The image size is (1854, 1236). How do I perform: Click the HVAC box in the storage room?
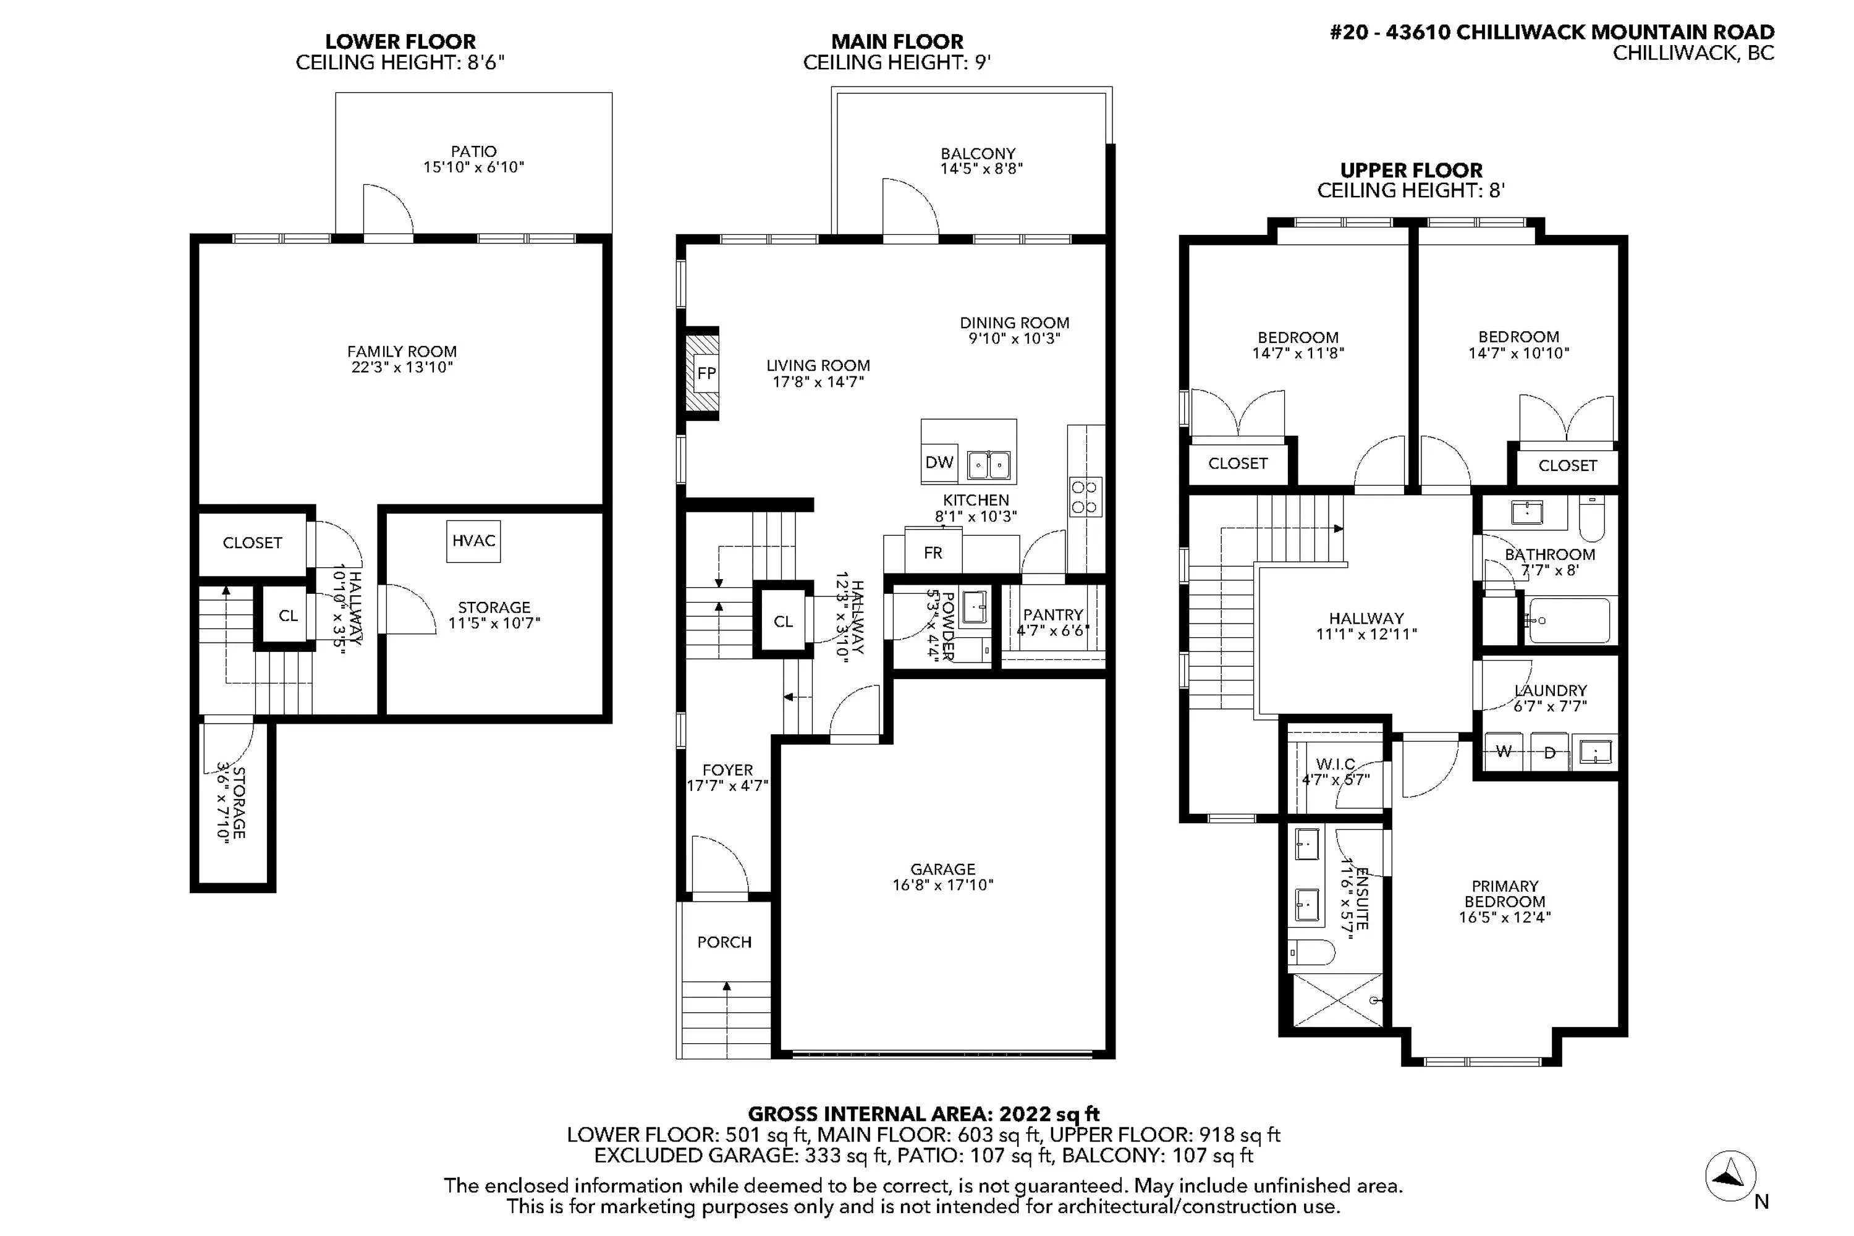coord(473,541)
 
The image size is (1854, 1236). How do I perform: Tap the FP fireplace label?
coord(706,373)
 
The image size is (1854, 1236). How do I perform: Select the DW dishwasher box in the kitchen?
coord(939,463)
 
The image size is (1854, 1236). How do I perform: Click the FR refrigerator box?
coord(933,553)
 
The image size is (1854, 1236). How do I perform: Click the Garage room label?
coord(943,869)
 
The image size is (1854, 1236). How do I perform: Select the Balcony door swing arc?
coord(910,206)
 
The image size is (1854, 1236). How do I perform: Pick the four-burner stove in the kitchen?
coord(1084,497)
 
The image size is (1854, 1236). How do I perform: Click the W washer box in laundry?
coord(1504,752)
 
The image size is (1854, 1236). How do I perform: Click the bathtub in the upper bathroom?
coord(1568,620)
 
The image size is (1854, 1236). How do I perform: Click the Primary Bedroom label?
coord(1504,893)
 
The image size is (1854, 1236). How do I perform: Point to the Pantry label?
coord(1052,614)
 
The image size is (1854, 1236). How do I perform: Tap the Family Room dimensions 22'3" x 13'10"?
coord(402,367)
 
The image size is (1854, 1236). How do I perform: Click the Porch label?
coord(724,942)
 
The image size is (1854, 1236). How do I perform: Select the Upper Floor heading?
coord(1411,171)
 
